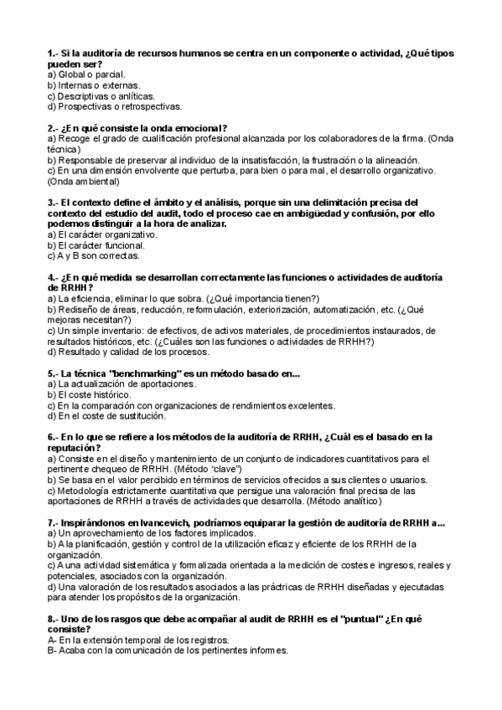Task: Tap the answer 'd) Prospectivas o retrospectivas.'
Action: pyautogui.click(x=114, y=106)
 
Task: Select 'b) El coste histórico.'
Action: pyautogui.click(x=89, y=394)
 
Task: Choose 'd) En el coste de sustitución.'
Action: pyautogui.click(x=106, y=416)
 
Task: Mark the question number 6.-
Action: pyautogui.click(x=54, y=437)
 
